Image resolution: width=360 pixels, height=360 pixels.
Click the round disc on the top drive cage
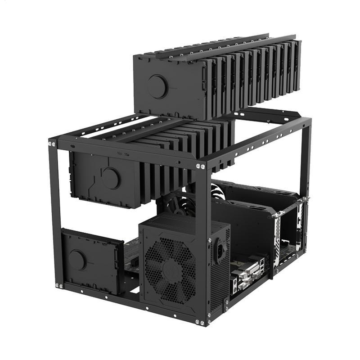tap(157, 86)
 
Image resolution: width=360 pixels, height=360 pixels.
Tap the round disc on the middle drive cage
tap(110, 178)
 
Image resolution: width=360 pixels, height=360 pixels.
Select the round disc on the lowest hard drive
tap(77, 260)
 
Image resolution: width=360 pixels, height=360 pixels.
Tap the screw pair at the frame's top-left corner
tap(52, 144)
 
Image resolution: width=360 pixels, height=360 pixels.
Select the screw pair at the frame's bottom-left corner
tap(59, 285)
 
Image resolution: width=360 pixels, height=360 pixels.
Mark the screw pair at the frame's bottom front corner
tap(199, 322)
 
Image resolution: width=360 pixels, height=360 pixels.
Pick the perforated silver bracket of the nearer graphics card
tap(277, 238)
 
